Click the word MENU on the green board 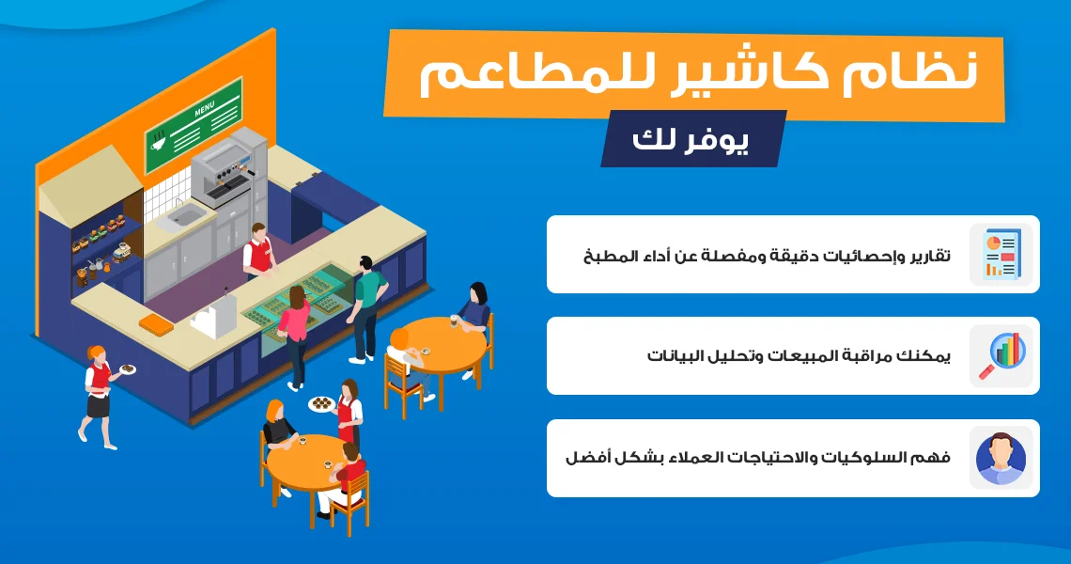pyautogui.click(x=204, y=109)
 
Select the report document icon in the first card pyautogui.click(x=1001, y=255)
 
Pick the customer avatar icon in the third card pyautogui.click(x=1001, y=458)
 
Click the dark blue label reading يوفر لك pyautogui.click(x=691, y=139)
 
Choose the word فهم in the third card pyautogui.click(x=935, y=458)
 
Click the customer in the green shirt pyautogui.click(x=366, y=307)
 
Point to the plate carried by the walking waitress pyautogui.click(x=128, y=369)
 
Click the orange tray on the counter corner pyautogui.click(x=155, y=322)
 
